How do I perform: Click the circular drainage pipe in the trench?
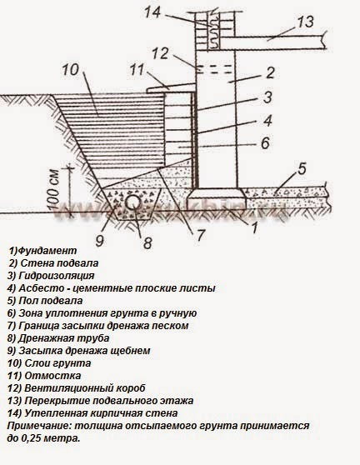tap(132, 203)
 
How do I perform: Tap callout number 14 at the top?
tap(152, 13)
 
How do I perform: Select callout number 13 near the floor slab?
tap(306, 22)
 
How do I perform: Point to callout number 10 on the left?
tap(70, 70)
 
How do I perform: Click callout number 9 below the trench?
tap(100, 240)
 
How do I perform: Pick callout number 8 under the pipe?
tap(147, 242)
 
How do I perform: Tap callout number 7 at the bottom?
tap(201, 236)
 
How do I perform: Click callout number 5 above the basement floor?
tap(302, 168)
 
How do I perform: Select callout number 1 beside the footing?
tap(254, 227)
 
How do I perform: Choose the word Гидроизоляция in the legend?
tap(57, 276)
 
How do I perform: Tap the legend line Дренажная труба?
tap(58, 338)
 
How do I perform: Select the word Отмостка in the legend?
tap(52, 376)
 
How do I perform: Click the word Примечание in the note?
tap(38, 426)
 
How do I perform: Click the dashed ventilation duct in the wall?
tap(214, 69)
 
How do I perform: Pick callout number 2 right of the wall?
tap(270, 73)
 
